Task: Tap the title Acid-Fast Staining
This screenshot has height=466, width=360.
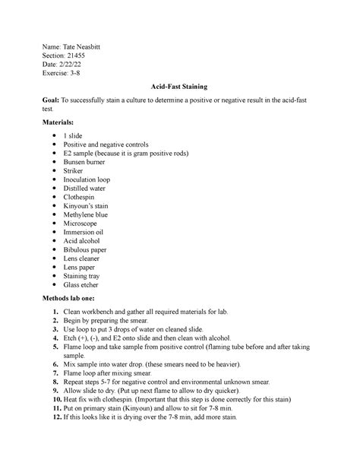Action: (180, 88)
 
